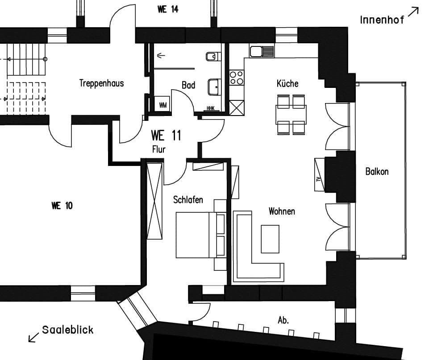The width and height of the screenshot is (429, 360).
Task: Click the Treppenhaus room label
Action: coord(101,83)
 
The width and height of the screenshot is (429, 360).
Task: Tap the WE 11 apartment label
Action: coord(166,135)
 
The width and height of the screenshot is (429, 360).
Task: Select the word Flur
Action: coord(159,149)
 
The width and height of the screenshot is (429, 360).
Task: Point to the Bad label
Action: coord(188,85)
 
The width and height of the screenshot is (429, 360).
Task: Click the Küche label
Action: coord(287,83)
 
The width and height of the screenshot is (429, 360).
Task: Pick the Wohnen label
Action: coord(282,211)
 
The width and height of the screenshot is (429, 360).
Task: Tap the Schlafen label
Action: coord(188,199)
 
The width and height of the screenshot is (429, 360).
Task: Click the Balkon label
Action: coord(377,171)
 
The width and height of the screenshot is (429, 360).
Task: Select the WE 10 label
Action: coord(62,206)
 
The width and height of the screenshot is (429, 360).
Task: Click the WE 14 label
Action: coord(168,9)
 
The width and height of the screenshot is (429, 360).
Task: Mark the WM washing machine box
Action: coord(163,104)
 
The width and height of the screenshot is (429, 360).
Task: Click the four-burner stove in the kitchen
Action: coord(237,78)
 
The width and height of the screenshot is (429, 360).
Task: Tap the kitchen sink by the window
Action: coord(262,52)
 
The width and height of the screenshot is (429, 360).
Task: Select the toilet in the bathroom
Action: coord(213,57)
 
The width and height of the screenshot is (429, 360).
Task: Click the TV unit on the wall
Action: coord(319,175)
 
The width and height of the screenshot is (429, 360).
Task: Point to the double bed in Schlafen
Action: coord(201,235)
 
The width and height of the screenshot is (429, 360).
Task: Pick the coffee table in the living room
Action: coord(270,239)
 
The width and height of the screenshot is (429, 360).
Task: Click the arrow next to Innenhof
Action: coord(413,12)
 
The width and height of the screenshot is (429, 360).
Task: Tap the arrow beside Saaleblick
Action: coord(33,337)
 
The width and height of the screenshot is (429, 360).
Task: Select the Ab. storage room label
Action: coord(283,320)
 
